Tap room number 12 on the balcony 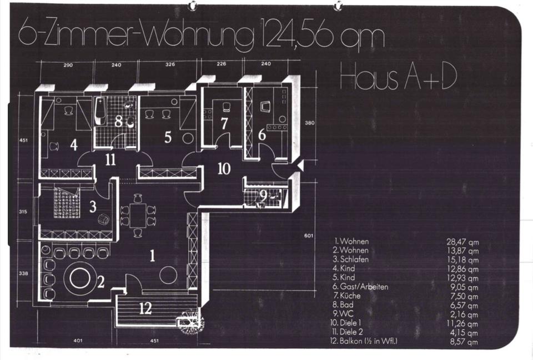(x=145, y=308)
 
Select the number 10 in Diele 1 (x=224, y=169)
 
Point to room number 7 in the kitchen (x=224, y=124)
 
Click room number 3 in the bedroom (x=93, y=206)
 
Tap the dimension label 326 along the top (x=170, y=64)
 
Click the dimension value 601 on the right (x=309, y=236)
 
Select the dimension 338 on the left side (x=23, y=274)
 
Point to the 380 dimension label (x=309, y=122)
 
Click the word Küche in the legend (x=351, y=296)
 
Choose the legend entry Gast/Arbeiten (x=364, y=287)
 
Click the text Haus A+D (x=398, y=79)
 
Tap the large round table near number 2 (x=80, y=278)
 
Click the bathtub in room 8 (x=100, y=112)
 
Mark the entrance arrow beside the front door (x=300, y=166)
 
